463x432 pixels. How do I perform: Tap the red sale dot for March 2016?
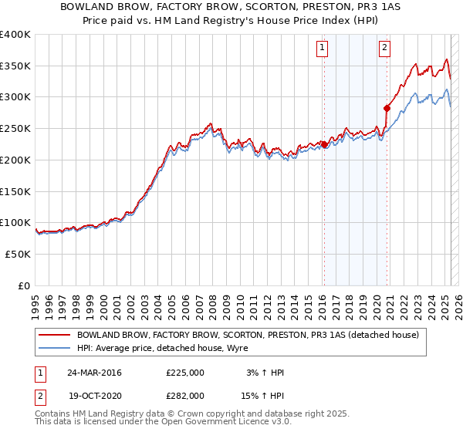tap(325, 144)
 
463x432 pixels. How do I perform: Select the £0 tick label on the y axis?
tap(24, 285)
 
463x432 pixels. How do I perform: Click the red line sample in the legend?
tap(54, 336)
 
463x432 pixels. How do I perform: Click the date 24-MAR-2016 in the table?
tap(94, 373)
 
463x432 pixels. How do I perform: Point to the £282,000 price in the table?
tap(185, 395)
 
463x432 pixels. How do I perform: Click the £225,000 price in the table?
tap(185, 373)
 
